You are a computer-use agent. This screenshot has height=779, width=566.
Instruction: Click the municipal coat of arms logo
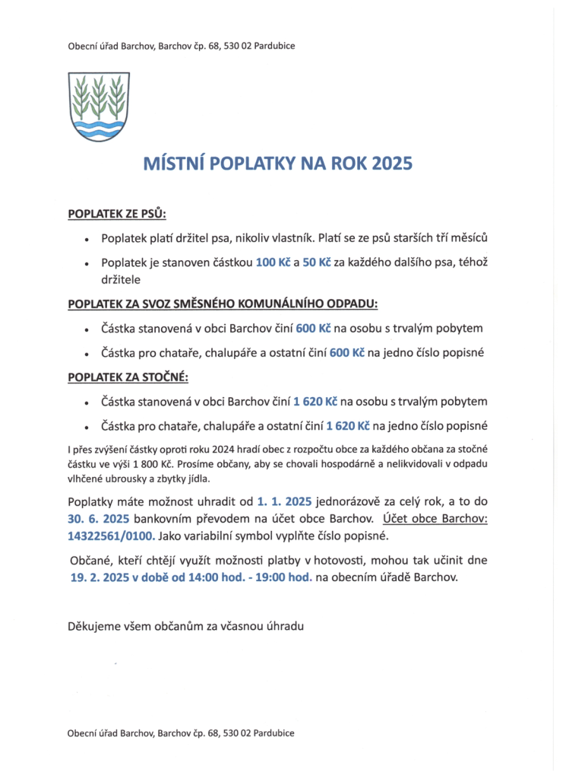tap(99, 106)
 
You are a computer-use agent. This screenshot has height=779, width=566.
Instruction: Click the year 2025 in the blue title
tap(392, 164)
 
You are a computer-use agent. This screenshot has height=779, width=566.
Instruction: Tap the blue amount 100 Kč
tap(274, 262)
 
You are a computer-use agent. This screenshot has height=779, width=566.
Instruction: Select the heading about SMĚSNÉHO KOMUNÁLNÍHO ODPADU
tap(223, 304)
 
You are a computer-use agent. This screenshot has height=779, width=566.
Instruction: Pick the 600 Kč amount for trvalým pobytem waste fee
tap(313, 329)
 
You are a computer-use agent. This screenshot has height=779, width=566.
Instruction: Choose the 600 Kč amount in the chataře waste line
tap(346, 354)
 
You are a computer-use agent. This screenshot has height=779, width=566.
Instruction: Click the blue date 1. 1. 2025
tap(284, 502)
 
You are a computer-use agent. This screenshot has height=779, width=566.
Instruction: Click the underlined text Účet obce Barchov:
tap(435, 519)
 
